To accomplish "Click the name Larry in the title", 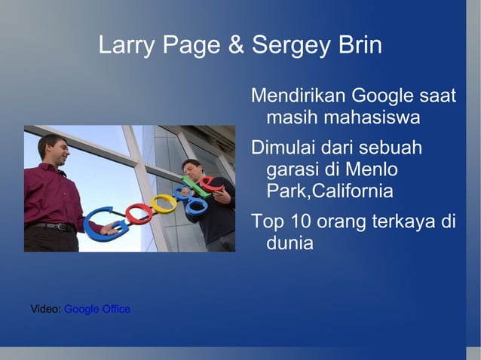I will click(x=125, y=46).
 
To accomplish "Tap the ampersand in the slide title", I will click(x=236, y=46).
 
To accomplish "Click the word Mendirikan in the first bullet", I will click(x=296, y=96).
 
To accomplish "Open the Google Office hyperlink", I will click(x=97, y=309).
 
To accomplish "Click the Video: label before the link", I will click(x=45, y=309).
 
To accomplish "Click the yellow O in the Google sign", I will click(x=161, y=204).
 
